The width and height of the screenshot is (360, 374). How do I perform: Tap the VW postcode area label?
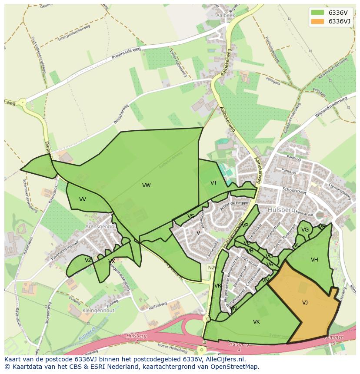pos(146,185)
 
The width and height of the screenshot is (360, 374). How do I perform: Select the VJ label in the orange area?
pos(305,303)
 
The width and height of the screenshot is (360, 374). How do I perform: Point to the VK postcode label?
pos(257,322)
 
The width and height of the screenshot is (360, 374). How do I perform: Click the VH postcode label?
pos(314,260)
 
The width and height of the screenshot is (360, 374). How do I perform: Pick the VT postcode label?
pos(213,183)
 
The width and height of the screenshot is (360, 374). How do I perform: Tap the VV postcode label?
pos(83,199)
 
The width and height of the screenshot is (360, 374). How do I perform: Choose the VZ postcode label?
pos(88,260)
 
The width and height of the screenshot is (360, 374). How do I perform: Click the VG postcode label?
pos(305,230)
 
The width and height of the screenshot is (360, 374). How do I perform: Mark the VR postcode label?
pos(218,285)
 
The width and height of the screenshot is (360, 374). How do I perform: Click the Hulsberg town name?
pos(279,209)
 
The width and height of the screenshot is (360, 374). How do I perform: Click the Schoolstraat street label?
pos(294,190)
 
